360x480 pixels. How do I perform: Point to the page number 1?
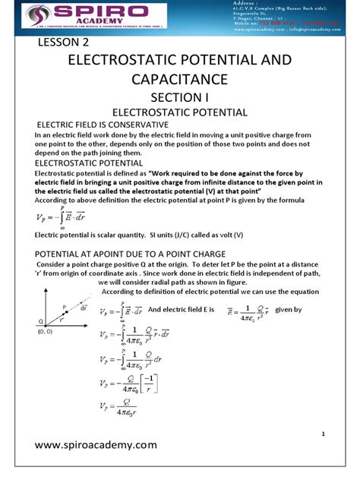tap(324, 434)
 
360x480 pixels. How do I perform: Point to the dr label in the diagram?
tap(83, 311)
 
